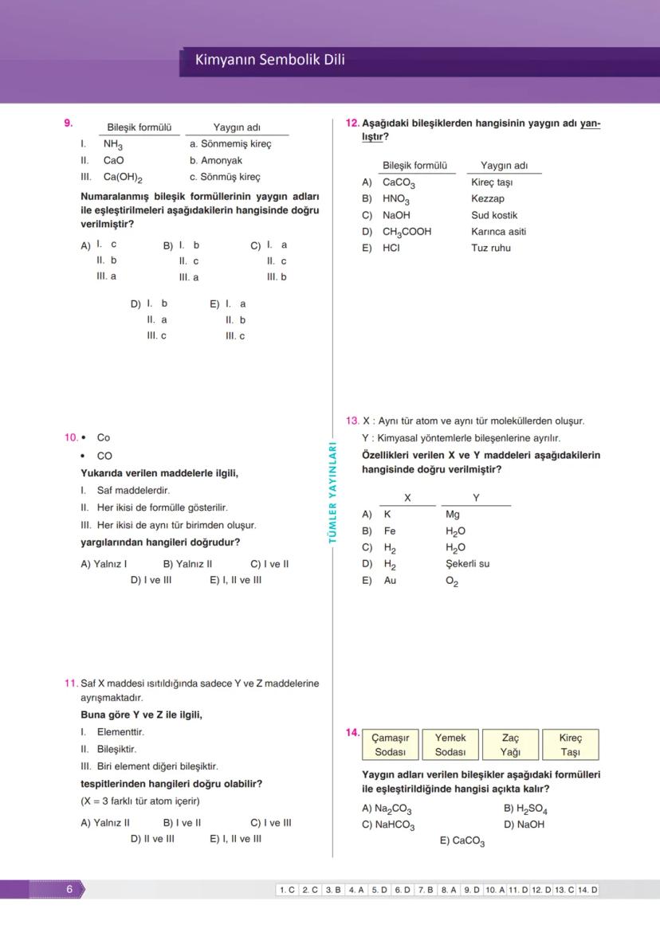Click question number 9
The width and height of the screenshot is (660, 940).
pyautogui.click(x=69, y=123)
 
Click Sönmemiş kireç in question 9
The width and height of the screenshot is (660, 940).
pyautogui.click(x=236, y=144)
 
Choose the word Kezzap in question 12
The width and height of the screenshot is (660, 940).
pyautogui.click(x=487, y=198)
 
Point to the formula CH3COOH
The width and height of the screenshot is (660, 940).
pyautogui.click(x=407, y=232)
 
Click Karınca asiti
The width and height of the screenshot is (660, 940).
pyautogui.click(x=498, y=232)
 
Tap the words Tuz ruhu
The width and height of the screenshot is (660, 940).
pyautogui.click(x=490, y=248)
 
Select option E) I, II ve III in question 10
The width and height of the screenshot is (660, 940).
pyautogui.click(x=236, y=580)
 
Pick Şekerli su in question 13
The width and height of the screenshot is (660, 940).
pyautogui.click(x=467, y=564)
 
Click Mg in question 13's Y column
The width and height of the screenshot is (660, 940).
pyautogui.click(x=452, y=515)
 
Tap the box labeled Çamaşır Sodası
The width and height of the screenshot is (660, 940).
pyautogui.click(x=390, y=745)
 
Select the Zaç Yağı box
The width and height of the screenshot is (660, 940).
pyautogui.click(x=510, y=745)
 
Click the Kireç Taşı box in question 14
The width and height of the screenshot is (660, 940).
pyautogui.click(x=570, y=745)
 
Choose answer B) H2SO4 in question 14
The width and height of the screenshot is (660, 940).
pyautogui.click(x=525, y=809)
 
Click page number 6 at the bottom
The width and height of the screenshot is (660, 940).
pyautogui.click(x=69, y=889)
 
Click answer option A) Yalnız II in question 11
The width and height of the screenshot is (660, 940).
pyautogui.click(x=105, y=823)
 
